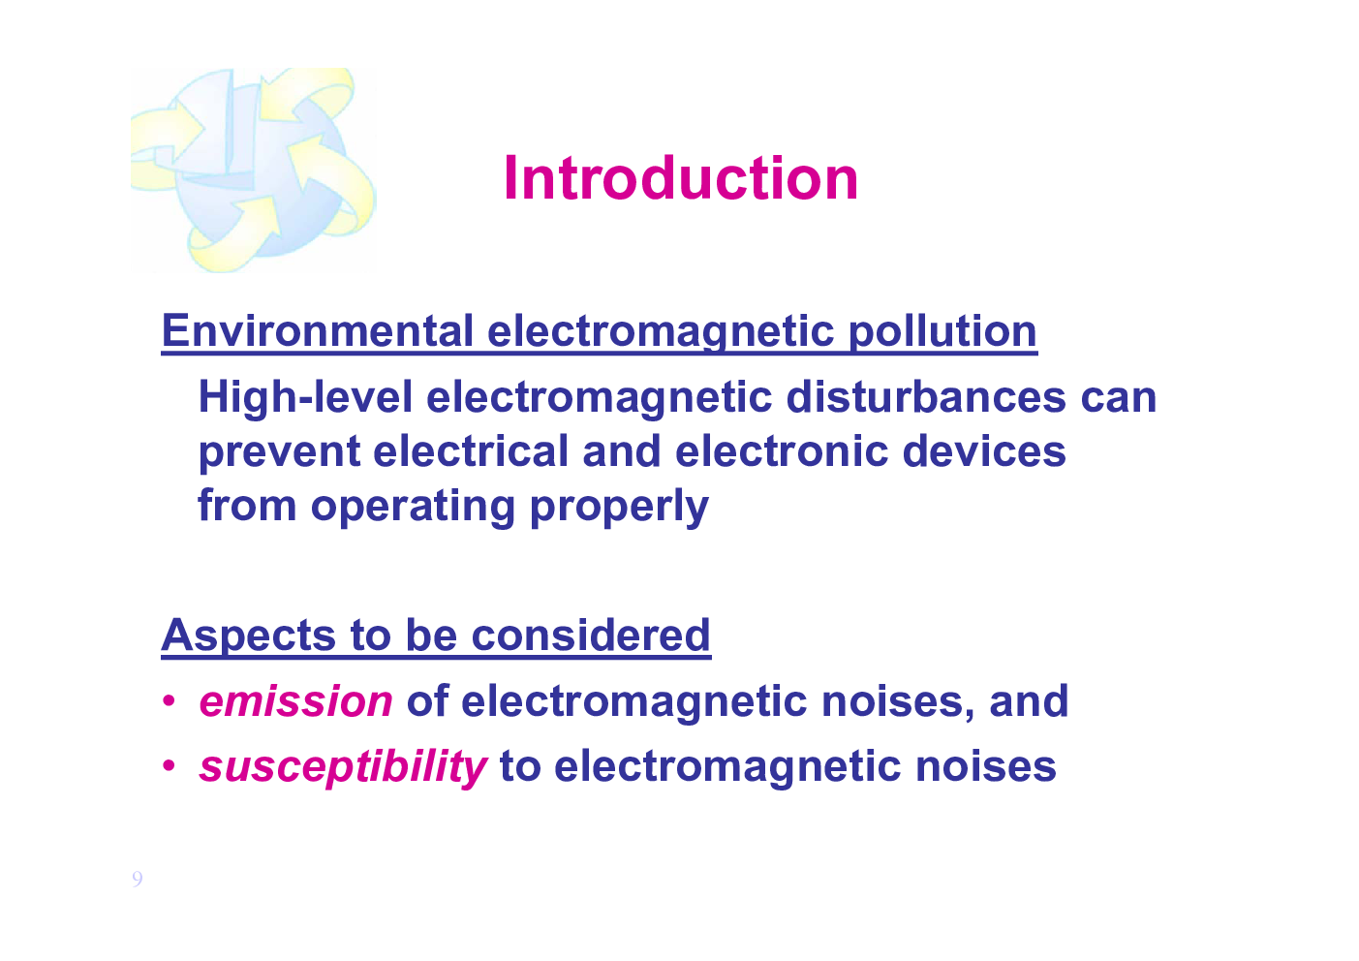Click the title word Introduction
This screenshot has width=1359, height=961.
pyautogui.click(x=681, y=178)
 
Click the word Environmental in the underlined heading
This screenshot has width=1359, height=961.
pyautogui.click(x=318, y=331)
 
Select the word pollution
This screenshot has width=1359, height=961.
pyautogui.click(x=942, y=332)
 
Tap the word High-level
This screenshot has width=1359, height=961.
pyautogui.click(x=306, y=397)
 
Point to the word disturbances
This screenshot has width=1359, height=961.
pyautogui.click(x=926, y=397)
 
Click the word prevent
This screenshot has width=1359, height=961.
pyautogui.click(x=280, y=452)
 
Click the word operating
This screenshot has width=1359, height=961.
pyautogui.click(x=414, y=507)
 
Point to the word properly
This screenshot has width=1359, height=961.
pyautogui.click(x=619, y=507)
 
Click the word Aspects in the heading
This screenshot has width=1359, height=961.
pyautogui.click(x=248, y=635)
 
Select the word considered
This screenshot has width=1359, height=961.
pyautogui.click(x=590, y=635)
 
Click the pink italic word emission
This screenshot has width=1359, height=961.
pyautogui.click(x=296, y=701)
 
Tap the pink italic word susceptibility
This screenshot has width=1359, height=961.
pyautogui.click(x=344, y=767)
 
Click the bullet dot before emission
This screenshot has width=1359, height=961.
pyautogui.click(x=169, y=701)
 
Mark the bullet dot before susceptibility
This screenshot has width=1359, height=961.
pyautogui.click(x=169, y=766)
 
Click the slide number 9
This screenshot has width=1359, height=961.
pyautogui.click(x=138, y=879)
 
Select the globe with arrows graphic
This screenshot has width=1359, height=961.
pyautogui.click(x=254, y=170)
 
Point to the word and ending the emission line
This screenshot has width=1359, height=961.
pyautogui.click(x=1029, y=700)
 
